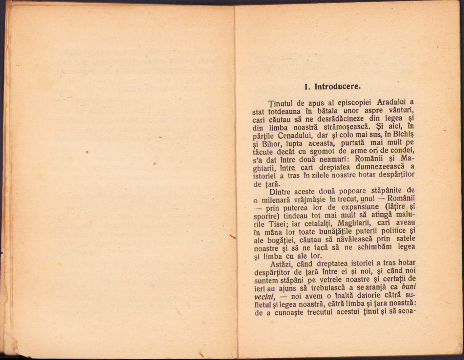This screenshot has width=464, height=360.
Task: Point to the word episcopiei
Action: pyautogui.click(x=342, y=102)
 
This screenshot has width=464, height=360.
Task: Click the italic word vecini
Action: pyautogui.click(x=264, y=296)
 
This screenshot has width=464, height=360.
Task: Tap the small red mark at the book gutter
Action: pyautogui.click(x=233, y=236)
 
